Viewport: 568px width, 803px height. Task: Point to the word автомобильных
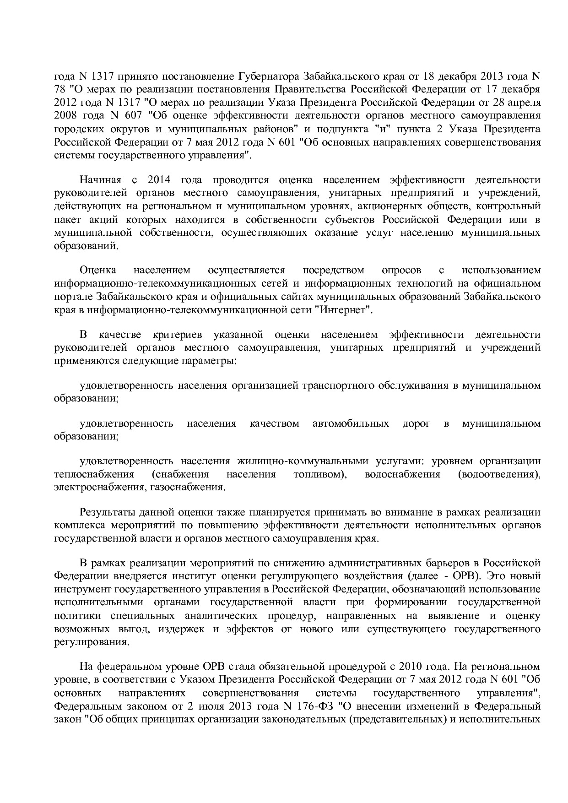351,423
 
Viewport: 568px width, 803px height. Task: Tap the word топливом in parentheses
319,474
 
